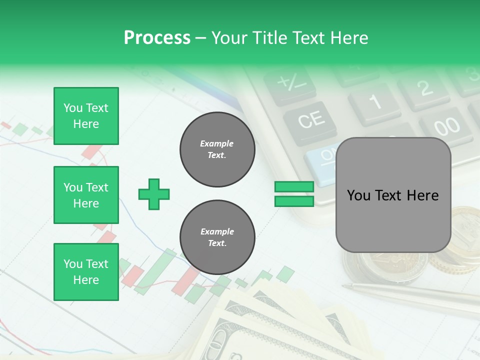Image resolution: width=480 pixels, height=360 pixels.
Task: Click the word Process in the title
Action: pyautogui.click(x=157, y=38)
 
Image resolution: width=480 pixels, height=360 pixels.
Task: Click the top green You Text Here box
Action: pyautogui.click(x=86, y=116)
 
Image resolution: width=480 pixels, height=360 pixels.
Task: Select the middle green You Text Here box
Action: pyautogui.click(x=86, y=195)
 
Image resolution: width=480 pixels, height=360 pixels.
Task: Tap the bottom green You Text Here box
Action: pyautogui.click(x=86, y=272)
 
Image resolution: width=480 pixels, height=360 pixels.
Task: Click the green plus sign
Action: pyautogui.click(x=154, y=194)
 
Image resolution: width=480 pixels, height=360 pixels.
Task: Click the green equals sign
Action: pyautogui.click(x=294, y=194)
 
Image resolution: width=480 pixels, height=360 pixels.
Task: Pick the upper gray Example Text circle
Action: pyautogui.click(x=217, y=149)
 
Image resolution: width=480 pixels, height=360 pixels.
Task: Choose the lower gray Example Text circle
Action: pyautogui.click(x=217, y=237)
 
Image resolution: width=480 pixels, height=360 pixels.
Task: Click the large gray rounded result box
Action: pyautogui.click(x=393, y=195)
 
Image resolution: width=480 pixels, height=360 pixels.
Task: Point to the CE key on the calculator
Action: pyautogui.click(x=310, y=120)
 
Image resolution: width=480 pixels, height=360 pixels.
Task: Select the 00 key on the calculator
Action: pyautogui.click(x=446, y=125)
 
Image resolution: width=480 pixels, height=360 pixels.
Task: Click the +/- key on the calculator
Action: pyautogui.click(x=289, y=83)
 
